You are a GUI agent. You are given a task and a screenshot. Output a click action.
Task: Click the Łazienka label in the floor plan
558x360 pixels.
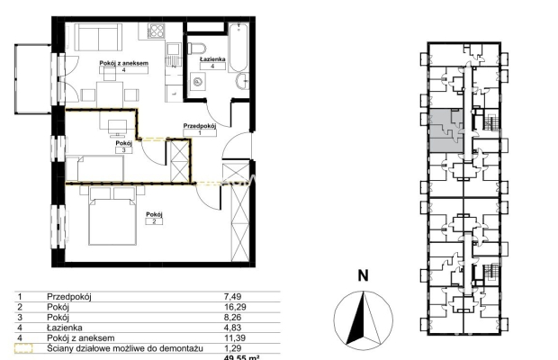pos(212,59)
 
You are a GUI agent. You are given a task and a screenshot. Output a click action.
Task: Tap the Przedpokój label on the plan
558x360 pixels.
pos(200,126)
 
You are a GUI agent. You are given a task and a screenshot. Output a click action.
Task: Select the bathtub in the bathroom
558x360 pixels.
pos(238,48)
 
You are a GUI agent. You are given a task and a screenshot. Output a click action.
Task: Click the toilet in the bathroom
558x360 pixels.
pos(197,49)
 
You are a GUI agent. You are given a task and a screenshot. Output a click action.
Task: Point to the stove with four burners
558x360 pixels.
pos(157,31)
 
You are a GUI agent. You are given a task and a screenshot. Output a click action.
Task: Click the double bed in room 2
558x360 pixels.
pos(112,216)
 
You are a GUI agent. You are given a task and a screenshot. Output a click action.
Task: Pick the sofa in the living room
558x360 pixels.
pos(98,38)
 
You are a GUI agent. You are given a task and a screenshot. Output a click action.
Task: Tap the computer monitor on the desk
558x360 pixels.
pos(117,128)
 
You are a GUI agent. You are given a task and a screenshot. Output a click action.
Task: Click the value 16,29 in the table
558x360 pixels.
pos(235,307)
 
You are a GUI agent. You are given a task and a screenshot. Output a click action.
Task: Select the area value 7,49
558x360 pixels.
pos(233,296)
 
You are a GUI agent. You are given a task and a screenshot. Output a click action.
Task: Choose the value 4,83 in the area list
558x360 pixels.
pos(233,328)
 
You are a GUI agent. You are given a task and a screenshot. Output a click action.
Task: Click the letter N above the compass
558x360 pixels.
pos(363,275)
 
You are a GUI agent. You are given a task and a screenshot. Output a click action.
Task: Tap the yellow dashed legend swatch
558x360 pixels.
pos(23,348)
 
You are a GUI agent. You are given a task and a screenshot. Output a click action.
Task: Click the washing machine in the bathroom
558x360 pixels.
pos(198,83)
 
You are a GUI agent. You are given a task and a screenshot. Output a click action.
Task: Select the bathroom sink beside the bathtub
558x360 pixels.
pos(242,81)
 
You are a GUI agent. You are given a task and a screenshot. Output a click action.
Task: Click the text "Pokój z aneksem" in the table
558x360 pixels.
pos(81,337)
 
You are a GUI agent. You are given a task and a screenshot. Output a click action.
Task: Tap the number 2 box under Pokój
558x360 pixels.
pos(154,221)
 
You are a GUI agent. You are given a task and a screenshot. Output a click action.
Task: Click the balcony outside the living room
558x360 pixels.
pos(33,79)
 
